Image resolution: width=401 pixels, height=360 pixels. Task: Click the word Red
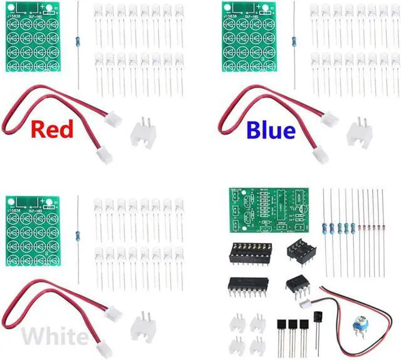[x=52, y=130]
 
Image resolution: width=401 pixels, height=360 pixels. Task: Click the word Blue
[x=270, y=131]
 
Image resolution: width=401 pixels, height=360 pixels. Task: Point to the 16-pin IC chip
[x=248, y=290]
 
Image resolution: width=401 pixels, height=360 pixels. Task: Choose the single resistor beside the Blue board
[x=294, y=47]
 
